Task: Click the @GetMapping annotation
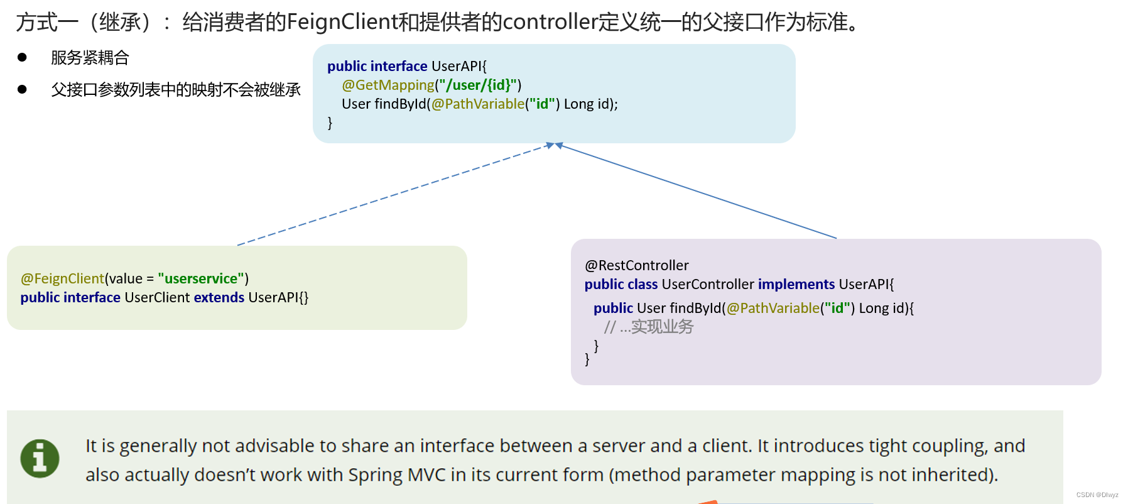388,85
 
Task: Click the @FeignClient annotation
62,278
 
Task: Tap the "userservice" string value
201,278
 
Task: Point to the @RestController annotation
636,265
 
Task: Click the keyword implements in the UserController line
796,284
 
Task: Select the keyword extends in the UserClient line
219,297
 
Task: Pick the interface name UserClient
157,297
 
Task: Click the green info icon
40,458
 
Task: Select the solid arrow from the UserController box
697,192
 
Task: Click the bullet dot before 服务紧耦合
23,57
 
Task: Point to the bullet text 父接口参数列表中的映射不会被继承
176,90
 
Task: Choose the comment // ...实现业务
649,327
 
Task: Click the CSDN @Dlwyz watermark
1097,495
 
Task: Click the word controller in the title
550,22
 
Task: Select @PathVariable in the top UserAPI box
477,104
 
